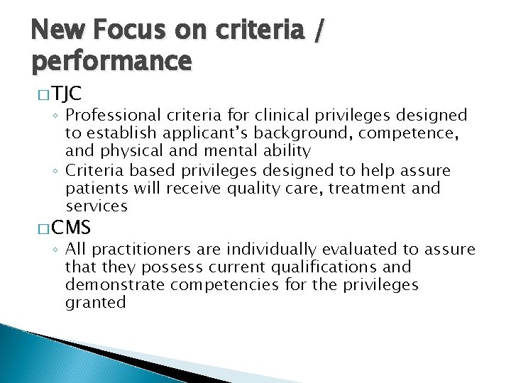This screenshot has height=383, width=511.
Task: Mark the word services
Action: click(x=96, y=206)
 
